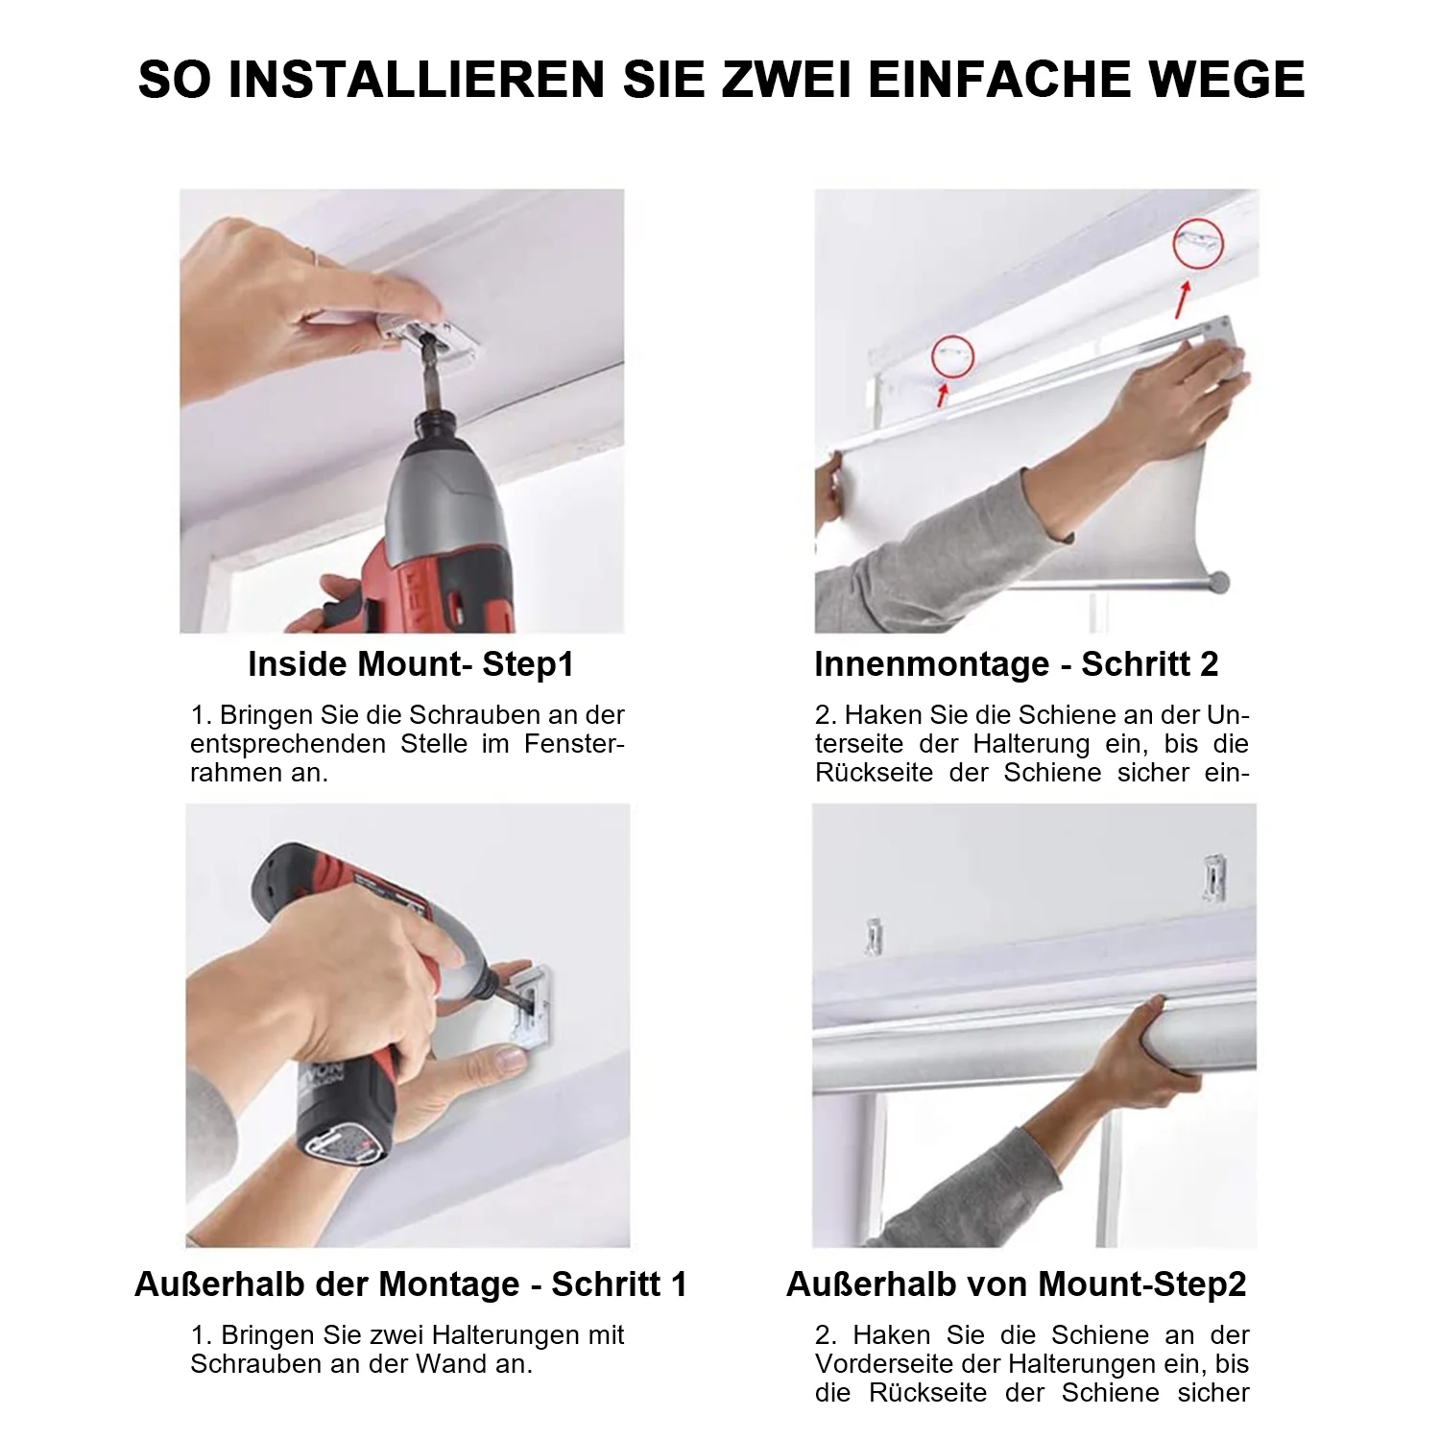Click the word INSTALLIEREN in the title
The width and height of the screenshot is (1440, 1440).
[416, 79]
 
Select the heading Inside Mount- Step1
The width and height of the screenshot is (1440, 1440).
[411, 664]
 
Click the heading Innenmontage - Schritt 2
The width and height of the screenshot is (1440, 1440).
[1017, 664]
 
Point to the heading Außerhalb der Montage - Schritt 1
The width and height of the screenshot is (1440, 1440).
[411, 1284]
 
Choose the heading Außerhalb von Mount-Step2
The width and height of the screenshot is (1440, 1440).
[1017, 1284]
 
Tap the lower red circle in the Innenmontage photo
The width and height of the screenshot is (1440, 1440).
[952, 356]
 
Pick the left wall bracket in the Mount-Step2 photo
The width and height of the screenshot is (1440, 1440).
[874, 937]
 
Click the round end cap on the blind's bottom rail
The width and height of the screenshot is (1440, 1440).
[1219, 581]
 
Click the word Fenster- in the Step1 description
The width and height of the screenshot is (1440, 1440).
[575, 744]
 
